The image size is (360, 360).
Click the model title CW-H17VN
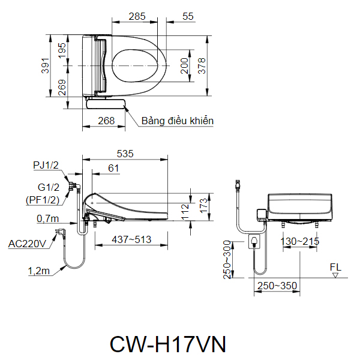pos(167,344)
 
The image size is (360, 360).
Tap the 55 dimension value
pos(187,17)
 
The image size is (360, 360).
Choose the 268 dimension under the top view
pos(106,121)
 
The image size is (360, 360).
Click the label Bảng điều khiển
pos(178,121)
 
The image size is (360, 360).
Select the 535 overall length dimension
pos(125,154)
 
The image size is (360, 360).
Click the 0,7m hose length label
pos(47,218)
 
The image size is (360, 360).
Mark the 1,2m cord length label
pos(38,271)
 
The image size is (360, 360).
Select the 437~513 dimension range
pos(124,240)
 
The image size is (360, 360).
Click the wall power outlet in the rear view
pos(255,242)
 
